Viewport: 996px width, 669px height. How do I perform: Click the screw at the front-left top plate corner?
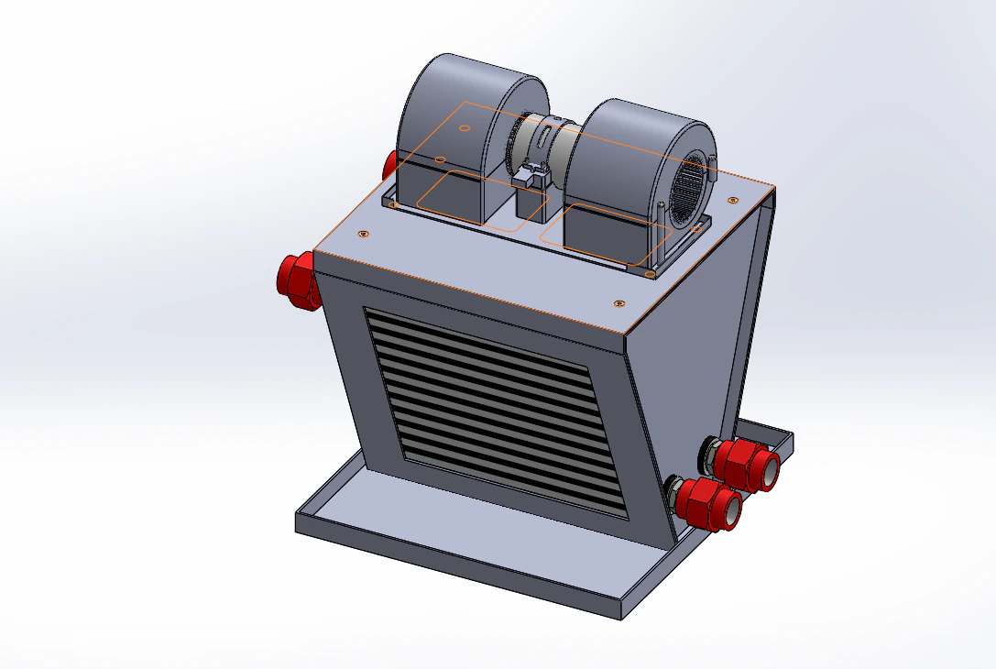pos(365,234)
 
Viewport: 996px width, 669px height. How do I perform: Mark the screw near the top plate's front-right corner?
pos(619,302)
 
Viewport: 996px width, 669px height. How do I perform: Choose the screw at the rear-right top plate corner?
pos(732,199)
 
